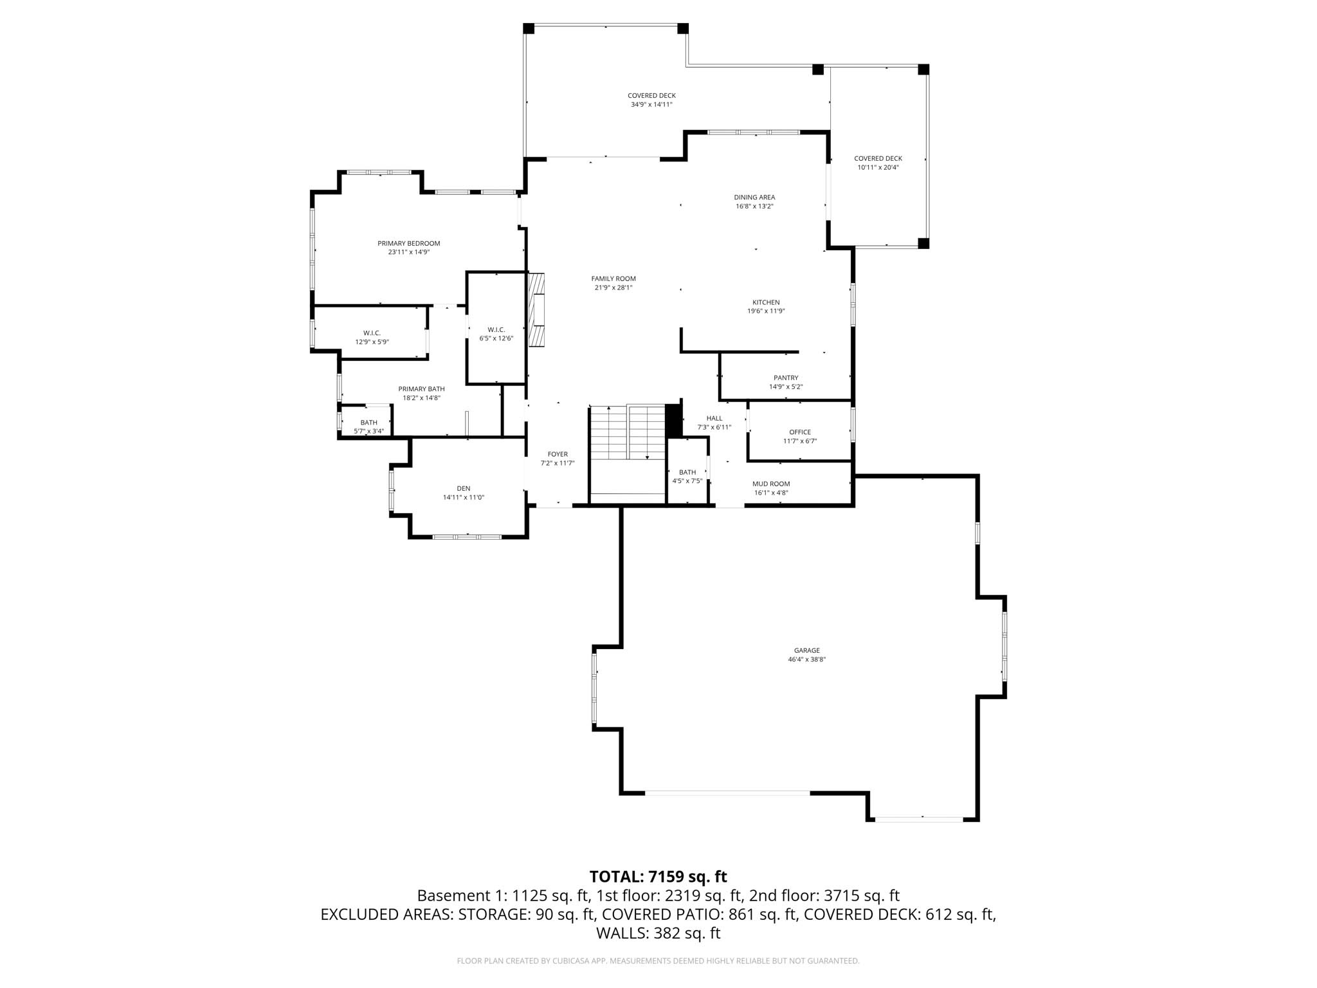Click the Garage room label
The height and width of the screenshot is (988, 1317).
[x=806, y=651]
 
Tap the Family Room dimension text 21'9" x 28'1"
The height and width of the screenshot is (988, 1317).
[x=613, y=288]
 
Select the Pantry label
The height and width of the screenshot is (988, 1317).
[x=786, y=378]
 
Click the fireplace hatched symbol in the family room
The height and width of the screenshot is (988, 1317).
[x=536, y=310]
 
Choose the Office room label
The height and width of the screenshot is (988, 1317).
[x=800, y=432]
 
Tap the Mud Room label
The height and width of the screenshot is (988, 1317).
[x=771, y=484]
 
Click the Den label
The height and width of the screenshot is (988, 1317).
[x=464, y=489]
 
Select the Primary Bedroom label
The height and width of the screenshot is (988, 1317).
[x=408, y=244]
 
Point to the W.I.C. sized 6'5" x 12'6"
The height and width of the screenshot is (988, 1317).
[x=496, y=334]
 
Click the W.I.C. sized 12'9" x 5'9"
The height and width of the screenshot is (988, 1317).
[x=372, y=337]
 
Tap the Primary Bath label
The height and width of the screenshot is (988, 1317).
[x=421, y=389]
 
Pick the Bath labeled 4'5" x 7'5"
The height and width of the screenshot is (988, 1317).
[x=687, y=476]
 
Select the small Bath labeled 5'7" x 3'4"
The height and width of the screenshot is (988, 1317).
[x=368, y=426]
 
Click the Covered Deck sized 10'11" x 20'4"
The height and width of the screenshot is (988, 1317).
[x=878, y=163]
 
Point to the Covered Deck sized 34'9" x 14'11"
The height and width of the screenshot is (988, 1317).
[x=651, y=100]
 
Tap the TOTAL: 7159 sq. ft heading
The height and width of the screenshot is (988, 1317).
[x=658, y=877]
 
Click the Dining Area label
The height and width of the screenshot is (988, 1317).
[x=754, y=197]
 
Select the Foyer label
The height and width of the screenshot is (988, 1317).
[x=558, y=455]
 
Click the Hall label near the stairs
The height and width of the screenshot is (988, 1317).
[x=714, y=419]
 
